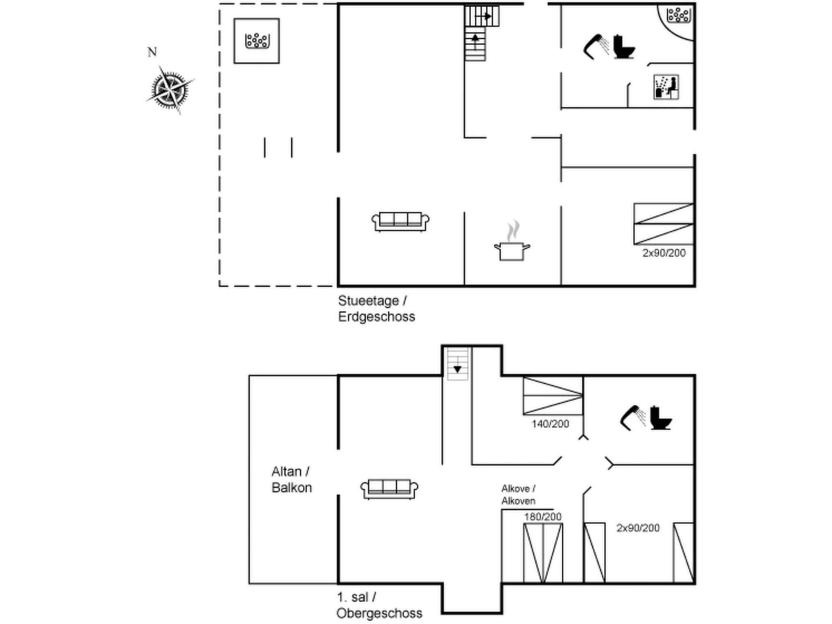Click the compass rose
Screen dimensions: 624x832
pos(170,89)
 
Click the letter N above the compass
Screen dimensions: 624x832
pos(152,52)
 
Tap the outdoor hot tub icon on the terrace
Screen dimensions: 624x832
pos(257,41)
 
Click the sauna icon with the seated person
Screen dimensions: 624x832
pos(666,87)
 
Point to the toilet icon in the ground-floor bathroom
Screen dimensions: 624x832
pos(623,47)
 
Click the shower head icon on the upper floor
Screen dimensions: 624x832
pos(633,417)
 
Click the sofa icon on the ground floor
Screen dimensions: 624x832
pos(400,221)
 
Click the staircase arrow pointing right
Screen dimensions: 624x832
pos(487,16)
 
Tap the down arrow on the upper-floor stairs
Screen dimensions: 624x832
pos(457,369)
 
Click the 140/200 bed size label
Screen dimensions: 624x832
pos(550,424)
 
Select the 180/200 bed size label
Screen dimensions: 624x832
pos(543,517)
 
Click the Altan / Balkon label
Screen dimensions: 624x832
pos(291,479)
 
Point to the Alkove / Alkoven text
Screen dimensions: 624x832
pos(518,494)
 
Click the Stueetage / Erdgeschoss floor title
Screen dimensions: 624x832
pos(376,309)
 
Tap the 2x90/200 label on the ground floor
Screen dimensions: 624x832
pos(664,253)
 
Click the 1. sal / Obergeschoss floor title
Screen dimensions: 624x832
pos(379,605)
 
